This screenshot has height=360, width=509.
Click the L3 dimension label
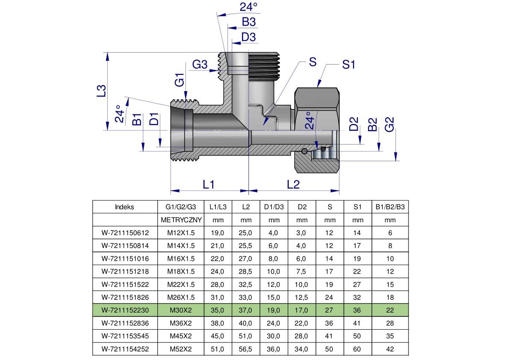[101, 91]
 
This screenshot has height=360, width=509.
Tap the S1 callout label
[349, 65]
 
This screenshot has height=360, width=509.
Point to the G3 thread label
[200, 65]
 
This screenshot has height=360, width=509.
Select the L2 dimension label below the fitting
[293, 184]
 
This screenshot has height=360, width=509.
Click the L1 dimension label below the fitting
[208, 184]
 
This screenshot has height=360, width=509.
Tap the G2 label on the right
[389, 124]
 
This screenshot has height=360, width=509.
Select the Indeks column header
[124, 207]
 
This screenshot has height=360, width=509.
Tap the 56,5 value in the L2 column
[246, 349]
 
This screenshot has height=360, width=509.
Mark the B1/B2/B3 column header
[390, 207]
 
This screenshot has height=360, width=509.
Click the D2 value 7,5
[302, 272]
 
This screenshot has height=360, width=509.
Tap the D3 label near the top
[248, 37]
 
